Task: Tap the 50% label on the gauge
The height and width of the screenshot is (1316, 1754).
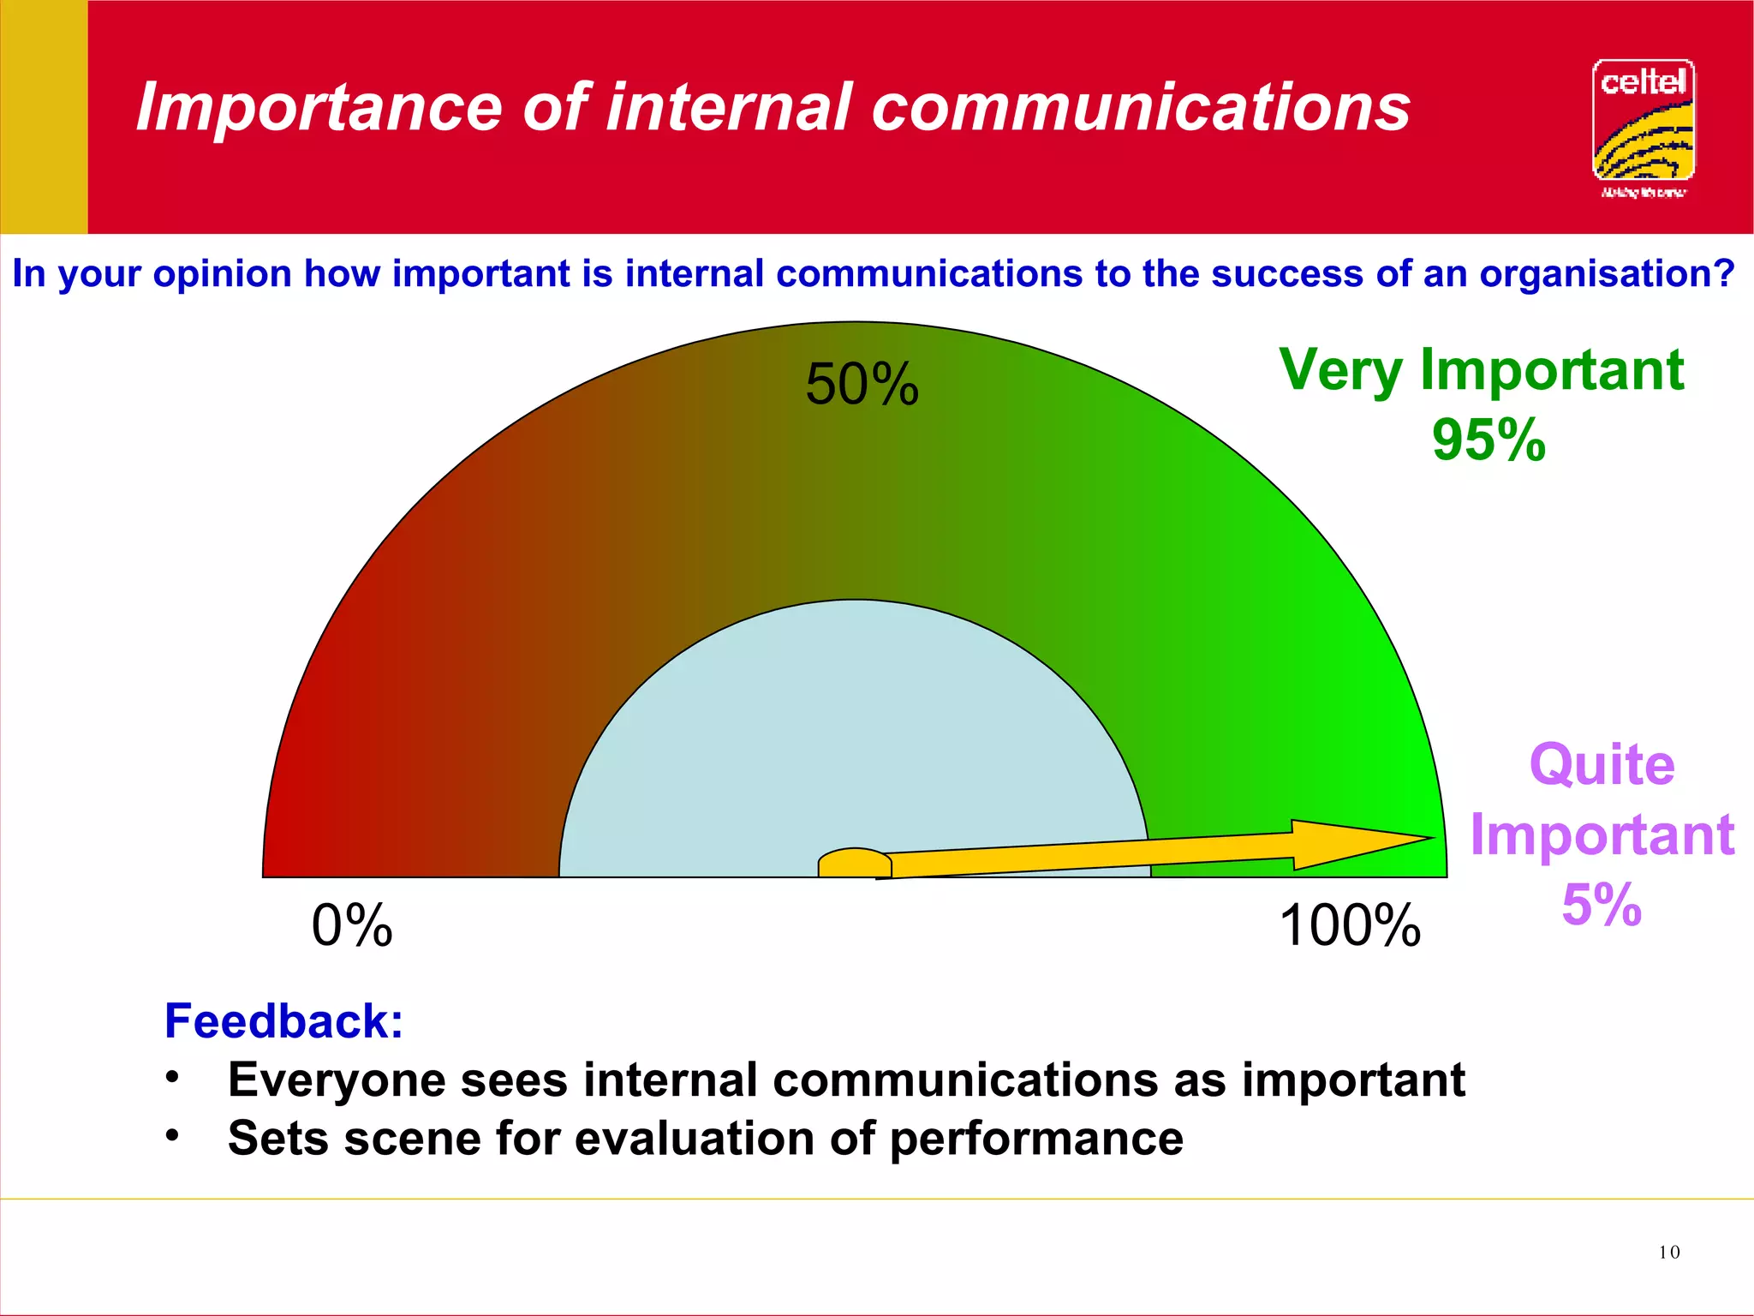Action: (x=862, y=385)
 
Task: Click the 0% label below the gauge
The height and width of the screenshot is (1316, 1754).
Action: (x=352, y=926)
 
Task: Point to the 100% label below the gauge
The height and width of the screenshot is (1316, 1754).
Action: (x=1350, y=926)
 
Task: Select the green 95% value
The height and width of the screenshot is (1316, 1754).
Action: (x=1489, y=440)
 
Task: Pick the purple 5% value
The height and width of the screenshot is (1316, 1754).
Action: (x=1602, y=905)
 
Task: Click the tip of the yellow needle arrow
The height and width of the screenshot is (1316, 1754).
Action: (x=1429, y=838)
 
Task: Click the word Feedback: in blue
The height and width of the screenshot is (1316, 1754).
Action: (x=283, y=1021)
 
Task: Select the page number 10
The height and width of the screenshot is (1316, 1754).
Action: (x=1668, y=1252)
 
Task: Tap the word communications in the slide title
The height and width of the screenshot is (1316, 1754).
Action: (x=1140, y=108)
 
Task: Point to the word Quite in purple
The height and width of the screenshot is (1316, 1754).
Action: (x=1602, y=764)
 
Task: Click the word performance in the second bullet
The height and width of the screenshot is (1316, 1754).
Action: (x=1036, y=1140)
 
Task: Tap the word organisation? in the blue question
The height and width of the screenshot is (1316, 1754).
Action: (x=1607, y=274)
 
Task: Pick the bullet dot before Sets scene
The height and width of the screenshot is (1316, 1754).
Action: (x=173, y=1135)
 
